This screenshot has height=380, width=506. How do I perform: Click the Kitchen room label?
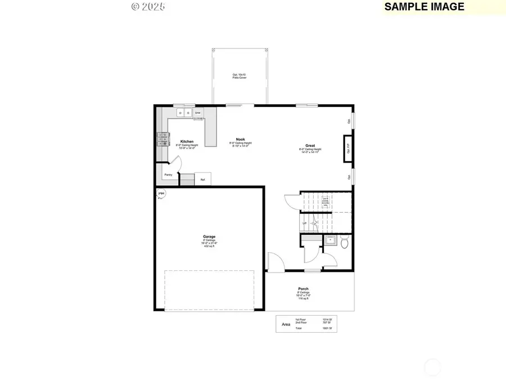(187, 141)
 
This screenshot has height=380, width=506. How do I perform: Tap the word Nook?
(240, 139)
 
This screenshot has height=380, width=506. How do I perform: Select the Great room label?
(310, 145)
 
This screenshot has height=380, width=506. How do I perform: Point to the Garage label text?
(209, 236)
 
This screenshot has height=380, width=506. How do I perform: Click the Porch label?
(304, 289)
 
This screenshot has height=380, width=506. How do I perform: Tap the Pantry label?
(168, 175)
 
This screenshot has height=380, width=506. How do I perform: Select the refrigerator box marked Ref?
(202, 180)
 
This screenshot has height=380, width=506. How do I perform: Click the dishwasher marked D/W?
(198, 113)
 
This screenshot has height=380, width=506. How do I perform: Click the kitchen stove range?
(162, 139)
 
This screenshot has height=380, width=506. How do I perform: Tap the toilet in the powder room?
(345, 243)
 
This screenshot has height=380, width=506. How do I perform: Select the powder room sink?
(330, 241)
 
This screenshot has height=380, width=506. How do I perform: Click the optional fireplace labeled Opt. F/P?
(348, 149)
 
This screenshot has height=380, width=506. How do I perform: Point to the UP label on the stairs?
(305, 223)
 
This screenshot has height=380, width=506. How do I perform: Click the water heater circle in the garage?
(161, 194)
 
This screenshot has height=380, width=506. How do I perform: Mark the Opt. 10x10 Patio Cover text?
(240, 76)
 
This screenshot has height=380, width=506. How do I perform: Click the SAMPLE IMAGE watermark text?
(424, 7)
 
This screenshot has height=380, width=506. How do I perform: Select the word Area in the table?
(286, 324)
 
